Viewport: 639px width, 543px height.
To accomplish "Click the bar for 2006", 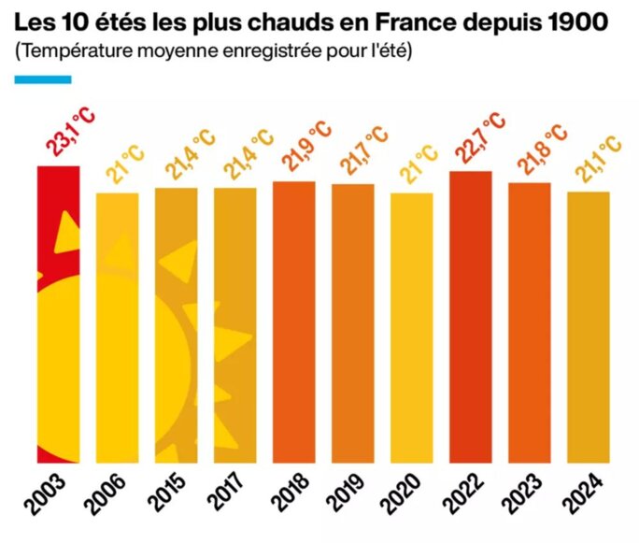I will [117, 327].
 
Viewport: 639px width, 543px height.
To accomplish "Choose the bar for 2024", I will [588, 326].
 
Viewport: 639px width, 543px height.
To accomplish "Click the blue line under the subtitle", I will [43, 79].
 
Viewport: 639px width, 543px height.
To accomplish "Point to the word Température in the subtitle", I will [72, 50].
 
